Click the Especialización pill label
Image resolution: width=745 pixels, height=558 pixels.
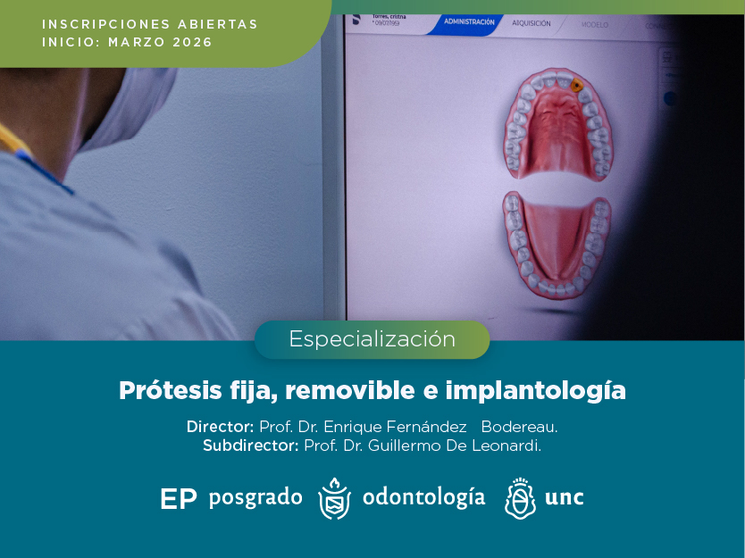pos(372,339)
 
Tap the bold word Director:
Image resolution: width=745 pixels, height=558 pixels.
pos(221,427)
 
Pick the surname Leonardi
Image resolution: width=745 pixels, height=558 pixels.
pos(505,446)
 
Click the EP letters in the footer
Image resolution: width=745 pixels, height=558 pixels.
pos(178,499)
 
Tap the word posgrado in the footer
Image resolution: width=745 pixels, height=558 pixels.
pos(255,497)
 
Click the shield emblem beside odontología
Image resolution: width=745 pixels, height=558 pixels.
pos(334,498)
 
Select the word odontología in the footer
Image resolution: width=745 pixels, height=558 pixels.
pos(423,497)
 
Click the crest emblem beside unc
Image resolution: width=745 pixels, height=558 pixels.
pos(520,498)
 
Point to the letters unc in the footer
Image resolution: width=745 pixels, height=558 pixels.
pos(564,497)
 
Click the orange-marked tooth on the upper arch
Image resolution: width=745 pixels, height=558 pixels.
pos(576,86)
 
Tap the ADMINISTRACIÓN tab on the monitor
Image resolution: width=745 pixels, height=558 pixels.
pos(468,21)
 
